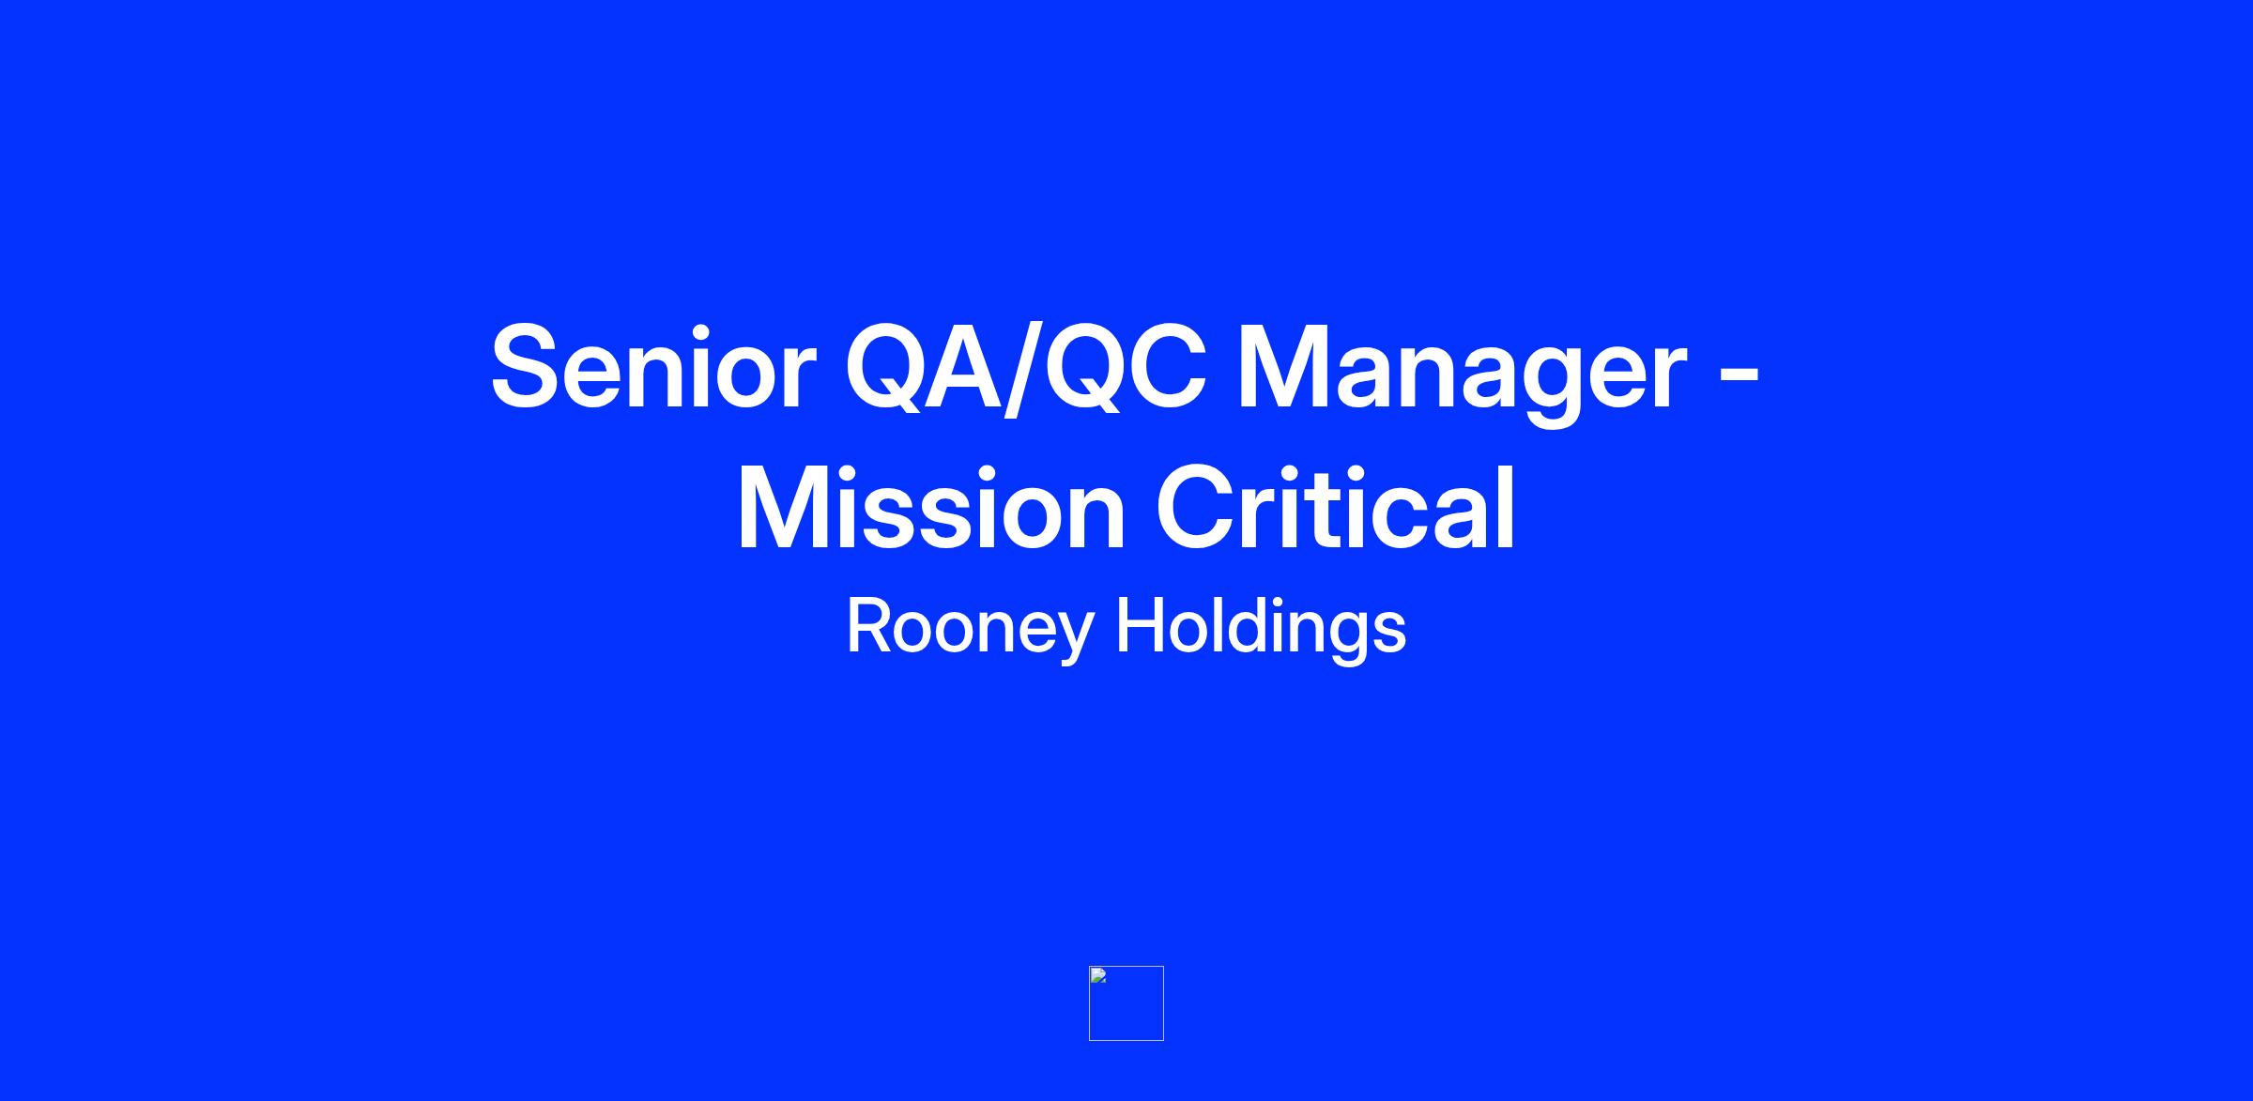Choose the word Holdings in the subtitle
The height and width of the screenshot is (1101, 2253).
pos(1261,627)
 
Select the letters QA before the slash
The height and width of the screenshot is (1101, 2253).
pos(924,369)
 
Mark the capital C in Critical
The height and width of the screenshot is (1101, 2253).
pos(1198,508)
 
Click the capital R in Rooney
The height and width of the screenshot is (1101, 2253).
pos(870,626)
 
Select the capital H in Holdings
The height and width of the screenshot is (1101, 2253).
pos(1139,626)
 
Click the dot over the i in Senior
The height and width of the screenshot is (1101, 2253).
pos(723,329)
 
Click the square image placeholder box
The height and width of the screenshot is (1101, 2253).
pos(1126,1003)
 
